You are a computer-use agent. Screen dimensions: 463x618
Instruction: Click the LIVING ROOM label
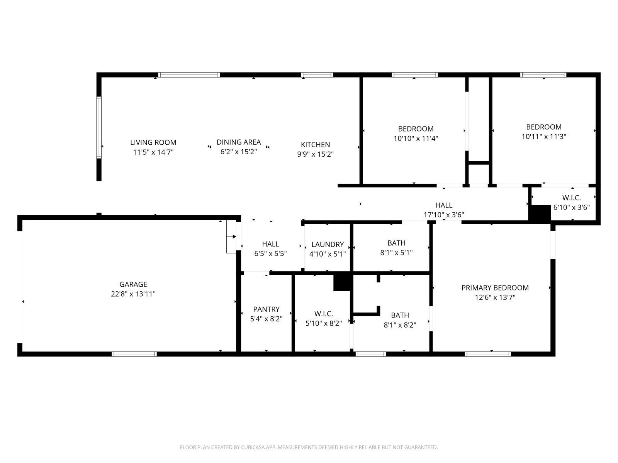[x=153, y=142]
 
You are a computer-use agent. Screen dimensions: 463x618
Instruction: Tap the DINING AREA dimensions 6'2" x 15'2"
[x=238, y=152]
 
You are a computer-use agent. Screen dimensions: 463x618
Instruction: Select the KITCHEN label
[x=315, y=145]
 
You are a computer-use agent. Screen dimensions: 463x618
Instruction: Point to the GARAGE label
[x=133, y=284]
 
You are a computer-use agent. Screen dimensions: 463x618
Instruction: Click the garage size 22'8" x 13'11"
[x=133, y=294]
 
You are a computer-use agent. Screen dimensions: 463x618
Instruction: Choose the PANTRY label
[x=266, y=309]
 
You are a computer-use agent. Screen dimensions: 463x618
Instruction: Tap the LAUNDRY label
[x=327, y=244]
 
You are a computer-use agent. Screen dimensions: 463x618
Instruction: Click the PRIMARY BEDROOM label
[x=495, y=288]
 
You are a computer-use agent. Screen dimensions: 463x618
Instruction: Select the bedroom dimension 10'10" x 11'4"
[x=416, y=138]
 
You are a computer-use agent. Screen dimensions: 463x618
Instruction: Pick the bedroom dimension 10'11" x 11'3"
[x=543, y=136]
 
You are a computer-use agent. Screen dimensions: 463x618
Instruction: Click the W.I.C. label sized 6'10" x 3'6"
[x=571, y=198]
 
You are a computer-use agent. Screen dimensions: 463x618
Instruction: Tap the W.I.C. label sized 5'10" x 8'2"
[x=323, y=314]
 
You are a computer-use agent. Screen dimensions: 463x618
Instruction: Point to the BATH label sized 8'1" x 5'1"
[x=396, y=243]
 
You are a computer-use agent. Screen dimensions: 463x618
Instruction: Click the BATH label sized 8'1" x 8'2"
[x=400, y=315]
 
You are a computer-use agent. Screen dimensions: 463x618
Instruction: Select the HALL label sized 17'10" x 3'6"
[x=443, y=205]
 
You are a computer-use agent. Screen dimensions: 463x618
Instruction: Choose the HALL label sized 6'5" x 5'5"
[x=270, y=244]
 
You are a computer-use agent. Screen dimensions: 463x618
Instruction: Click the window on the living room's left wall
[x=99, y=127]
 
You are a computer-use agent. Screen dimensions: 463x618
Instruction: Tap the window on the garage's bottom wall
[x=134, y=354]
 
